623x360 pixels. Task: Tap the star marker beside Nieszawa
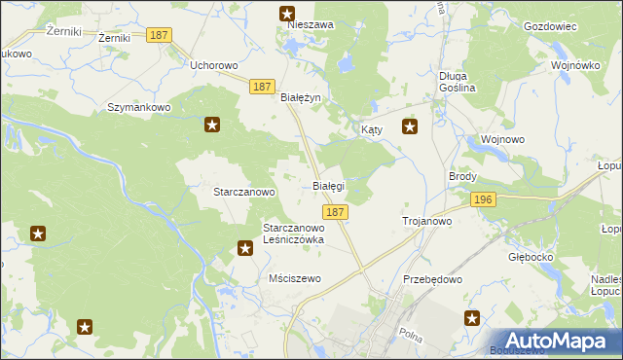point(287,13)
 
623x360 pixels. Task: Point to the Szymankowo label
point(139,107)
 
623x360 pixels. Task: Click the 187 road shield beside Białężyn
point(260,87)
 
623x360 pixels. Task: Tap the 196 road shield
point(483,199)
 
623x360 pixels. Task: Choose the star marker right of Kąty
point(410,126)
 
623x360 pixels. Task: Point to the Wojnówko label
point(574,65)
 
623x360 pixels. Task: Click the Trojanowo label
point(426,222)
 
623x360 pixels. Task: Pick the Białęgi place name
point(327,186)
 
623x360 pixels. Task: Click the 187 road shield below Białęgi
point(334,212)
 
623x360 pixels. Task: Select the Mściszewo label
point(294,278)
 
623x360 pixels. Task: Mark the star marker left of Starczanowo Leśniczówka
point(245,249)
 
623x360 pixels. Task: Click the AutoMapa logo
point(559,341)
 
